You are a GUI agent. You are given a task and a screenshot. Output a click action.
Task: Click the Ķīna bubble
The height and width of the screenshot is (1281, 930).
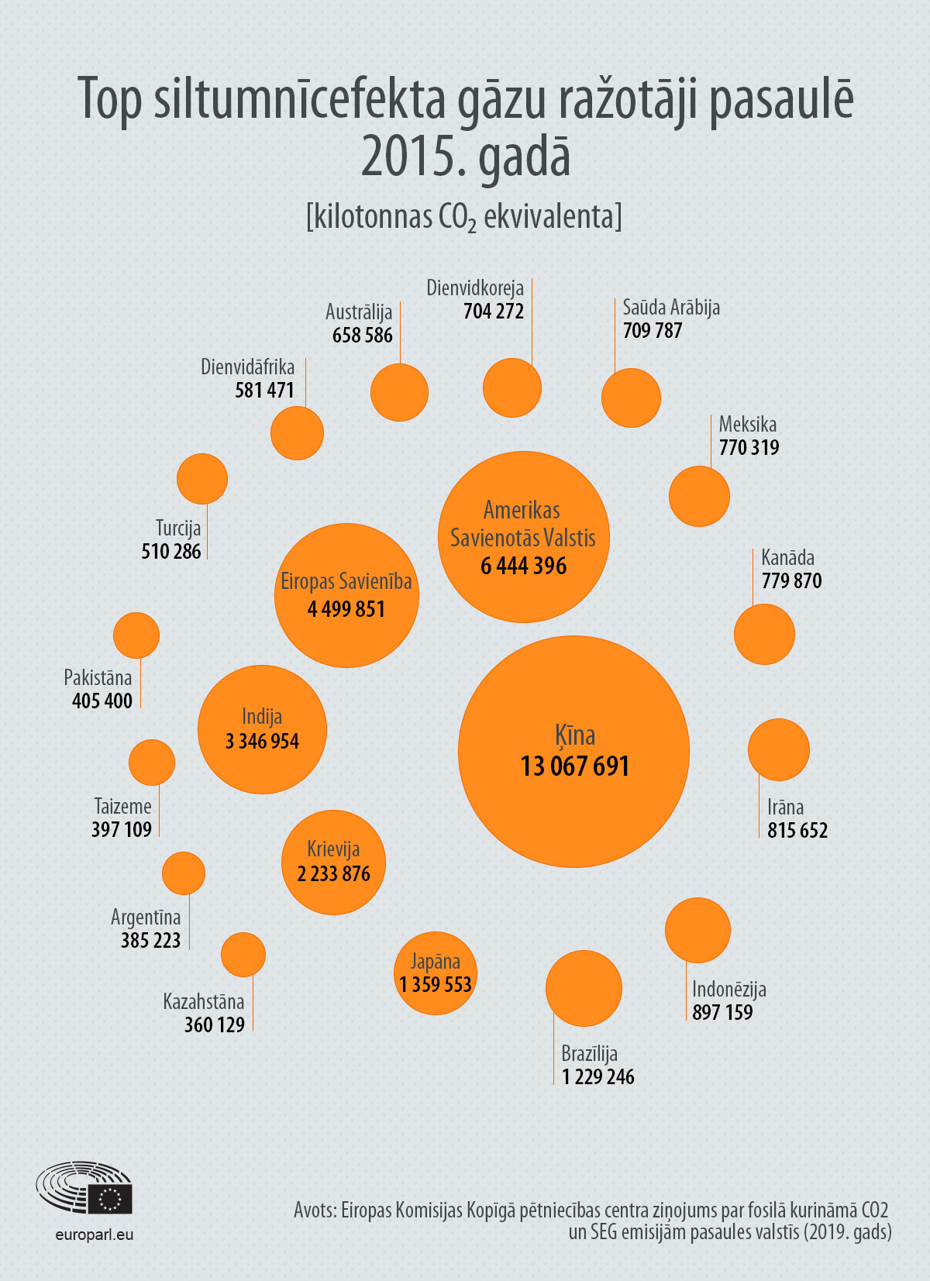[x=573, y=752]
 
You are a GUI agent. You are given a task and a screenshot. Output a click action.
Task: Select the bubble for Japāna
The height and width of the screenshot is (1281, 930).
[x=436, y=973]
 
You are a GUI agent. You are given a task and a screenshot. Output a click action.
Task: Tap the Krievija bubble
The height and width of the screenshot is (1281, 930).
[x=333, y=863]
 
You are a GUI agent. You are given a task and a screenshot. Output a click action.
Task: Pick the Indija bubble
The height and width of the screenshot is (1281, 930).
[x=262, y=729]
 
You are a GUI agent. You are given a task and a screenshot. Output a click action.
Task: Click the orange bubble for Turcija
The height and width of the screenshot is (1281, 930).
[x=202, y=479]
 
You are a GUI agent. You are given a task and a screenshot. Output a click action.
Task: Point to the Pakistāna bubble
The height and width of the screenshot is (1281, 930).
[x=136, y=635]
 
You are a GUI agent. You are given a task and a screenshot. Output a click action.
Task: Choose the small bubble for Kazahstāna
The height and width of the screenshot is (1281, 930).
[x=243, y=955]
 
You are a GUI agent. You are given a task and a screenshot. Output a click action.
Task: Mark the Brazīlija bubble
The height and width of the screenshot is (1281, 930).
[x=584, y=988]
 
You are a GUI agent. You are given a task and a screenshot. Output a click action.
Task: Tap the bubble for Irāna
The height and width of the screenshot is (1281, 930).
[x=778, y=749]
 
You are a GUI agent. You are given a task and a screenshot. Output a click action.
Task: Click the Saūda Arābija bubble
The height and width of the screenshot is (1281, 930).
[x=631, y=398]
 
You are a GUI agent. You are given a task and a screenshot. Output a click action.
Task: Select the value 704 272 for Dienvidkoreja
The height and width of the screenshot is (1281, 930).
[x=494, y=311]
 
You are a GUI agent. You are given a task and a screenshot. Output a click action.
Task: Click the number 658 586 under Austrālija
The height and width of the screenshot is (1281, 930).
[x=363, y=335]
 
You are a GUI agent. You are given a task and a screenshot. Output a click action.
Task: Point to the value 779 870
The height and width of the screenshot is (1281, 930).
[x=791, y=581]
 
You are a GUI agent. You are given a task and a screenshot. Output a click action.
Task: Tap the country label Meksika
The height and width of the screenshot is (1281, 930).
[x=748, y=425]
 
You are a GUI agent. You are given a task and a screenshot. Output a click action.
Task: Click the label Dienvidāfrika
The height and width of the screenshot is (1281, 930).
[x=248, y=367]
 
